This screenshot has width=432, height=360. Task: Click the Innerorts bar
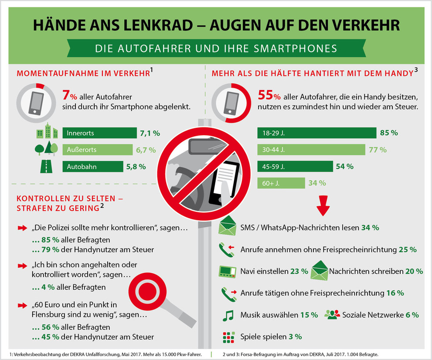(x=99, y=133)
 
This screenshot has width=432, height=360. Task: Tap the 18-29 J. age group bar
(x=316, y=133)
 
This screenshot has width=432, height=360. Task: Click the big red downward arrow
(x=323, y=206)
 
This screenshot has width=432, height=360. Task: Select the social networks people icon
(x=332, y=315)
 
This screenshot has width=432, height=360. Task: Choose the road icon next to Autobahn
(x=46, y=166)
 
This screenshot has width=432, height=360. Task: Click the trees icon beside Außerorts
(x=46, y=149)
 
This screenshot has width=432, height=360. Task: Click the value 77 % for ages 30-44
(x=378, y=150)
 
